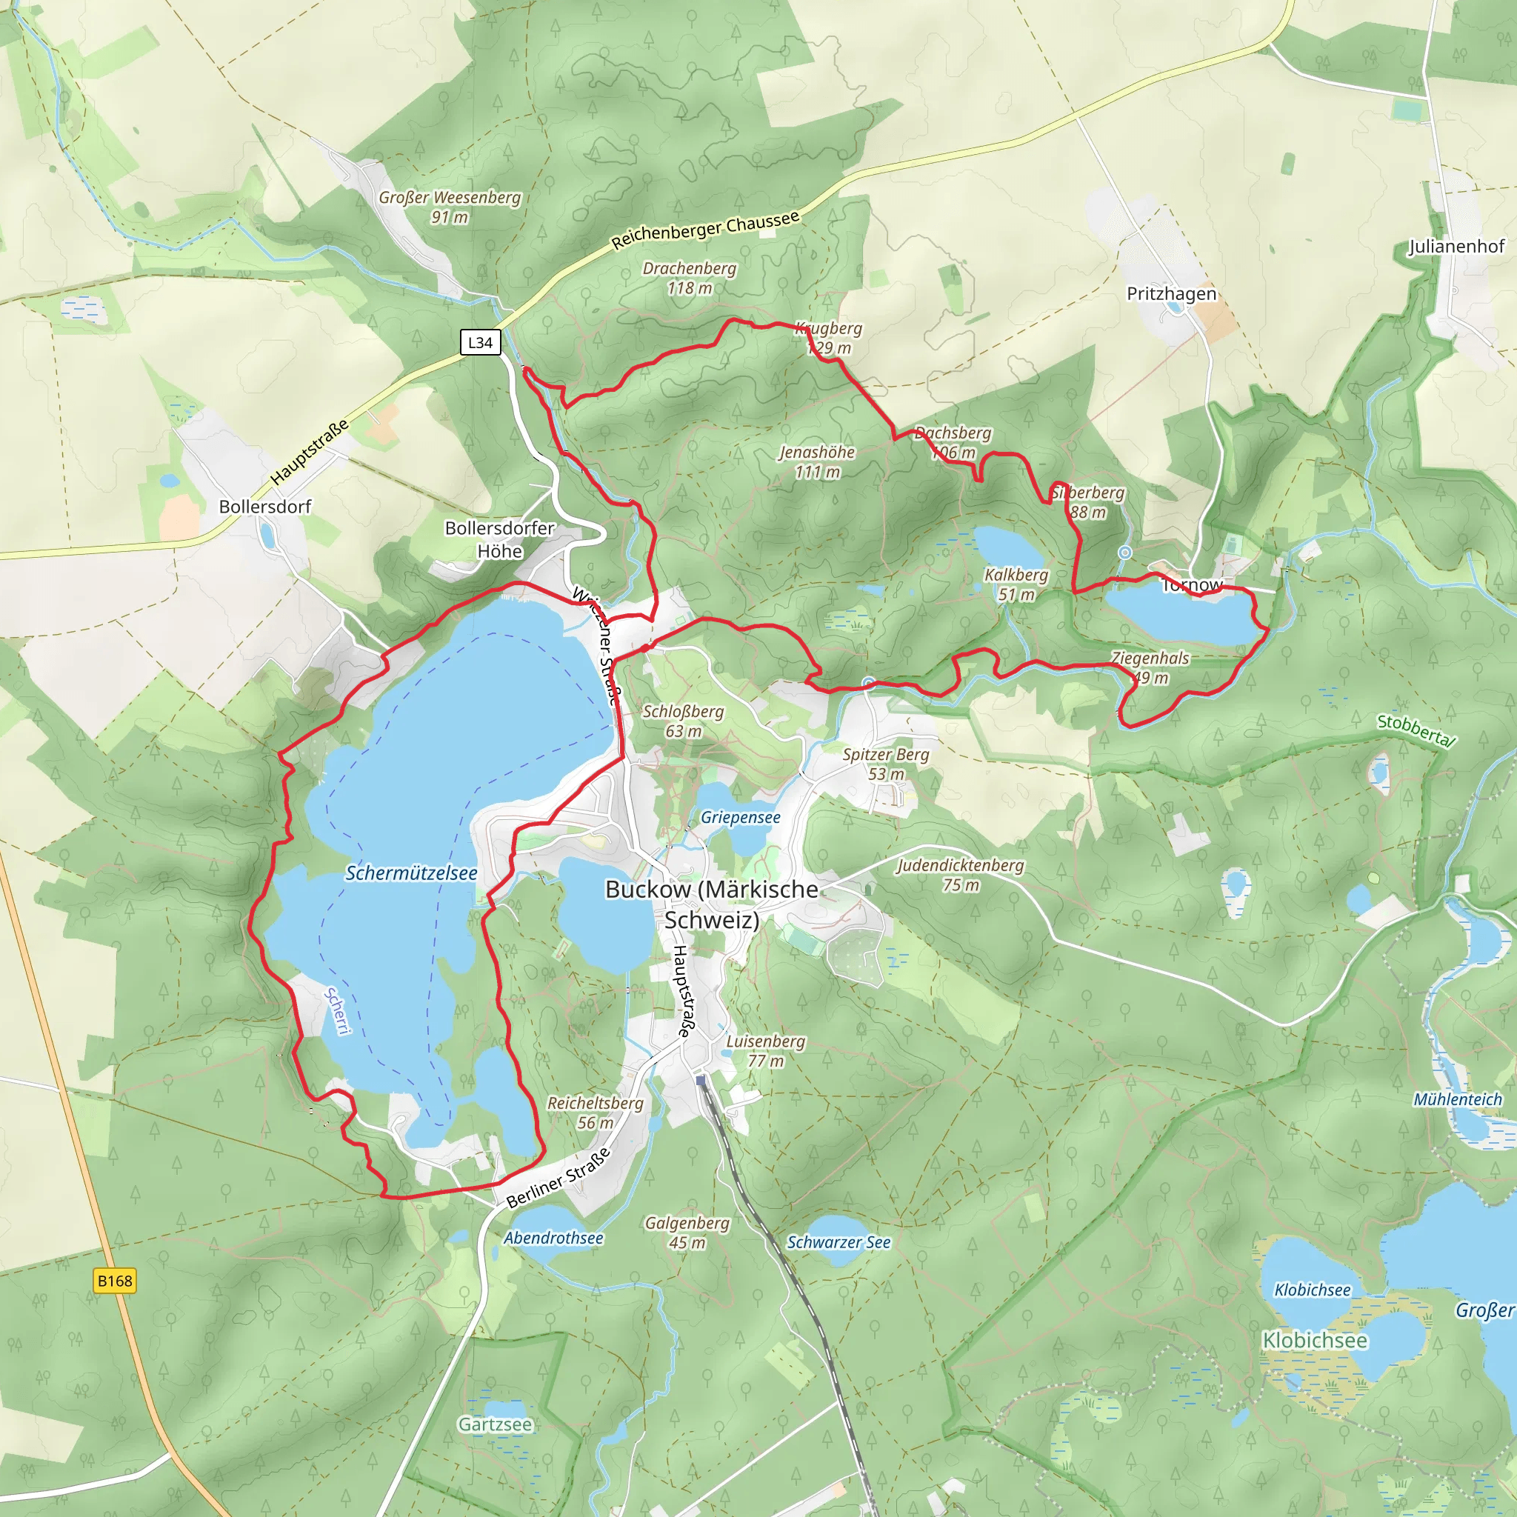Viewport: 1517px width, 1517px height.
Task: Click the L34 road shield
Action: click(480, 342)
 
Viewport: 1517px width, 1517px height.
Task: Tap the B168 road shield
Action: click(115, 1281)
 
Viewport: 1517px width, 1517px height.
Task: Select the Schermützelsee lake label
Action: click(411, 873)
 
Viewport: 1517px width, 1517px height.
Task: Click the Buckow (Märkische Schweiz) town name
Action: click(711, 904)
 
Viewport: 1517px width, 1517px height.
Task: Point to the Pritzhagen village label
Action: click(1172, 293)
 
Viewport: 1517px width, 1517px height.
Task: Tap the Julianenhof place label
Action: click(1456, 247)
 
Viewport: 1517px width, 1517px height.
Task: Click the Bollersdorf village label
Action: click(264, 507)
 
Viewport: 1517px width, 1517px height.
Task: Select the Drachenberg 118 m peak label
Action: click(690, 278)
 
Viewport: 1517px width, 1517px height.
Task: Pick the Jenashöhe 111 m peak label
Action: click(816, 461)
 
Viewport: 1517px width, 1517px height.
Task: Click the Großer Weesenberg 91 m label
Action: click(449, 207)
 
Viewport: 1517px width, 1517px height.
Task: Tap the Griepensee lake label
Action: click(741, 818)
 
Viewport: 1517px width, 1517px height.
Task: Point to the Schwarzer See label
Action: click(838, 1242)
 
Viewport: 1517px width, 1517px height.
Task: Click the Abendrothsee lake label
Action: click(553, 1238)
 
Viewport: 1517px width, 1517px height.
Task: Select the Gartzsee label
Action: click(495, 1424)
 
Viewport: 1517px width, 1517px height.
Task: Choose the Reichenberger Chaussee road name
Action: click(705, 230)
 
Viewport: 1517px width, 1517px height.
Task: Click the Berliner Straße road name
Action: click(559, 1178)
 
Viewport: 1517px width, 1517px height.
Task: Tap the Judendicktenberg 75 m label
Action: click(960, 875)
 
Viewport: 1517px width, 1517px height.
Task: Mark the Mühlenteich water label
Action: click(1457, 1099)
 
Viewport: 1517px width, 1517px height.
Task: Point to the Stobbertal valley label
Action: click(1416, 730)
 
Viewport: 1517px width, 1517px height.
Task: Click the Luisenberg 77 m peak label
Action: click(766, 1050)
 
